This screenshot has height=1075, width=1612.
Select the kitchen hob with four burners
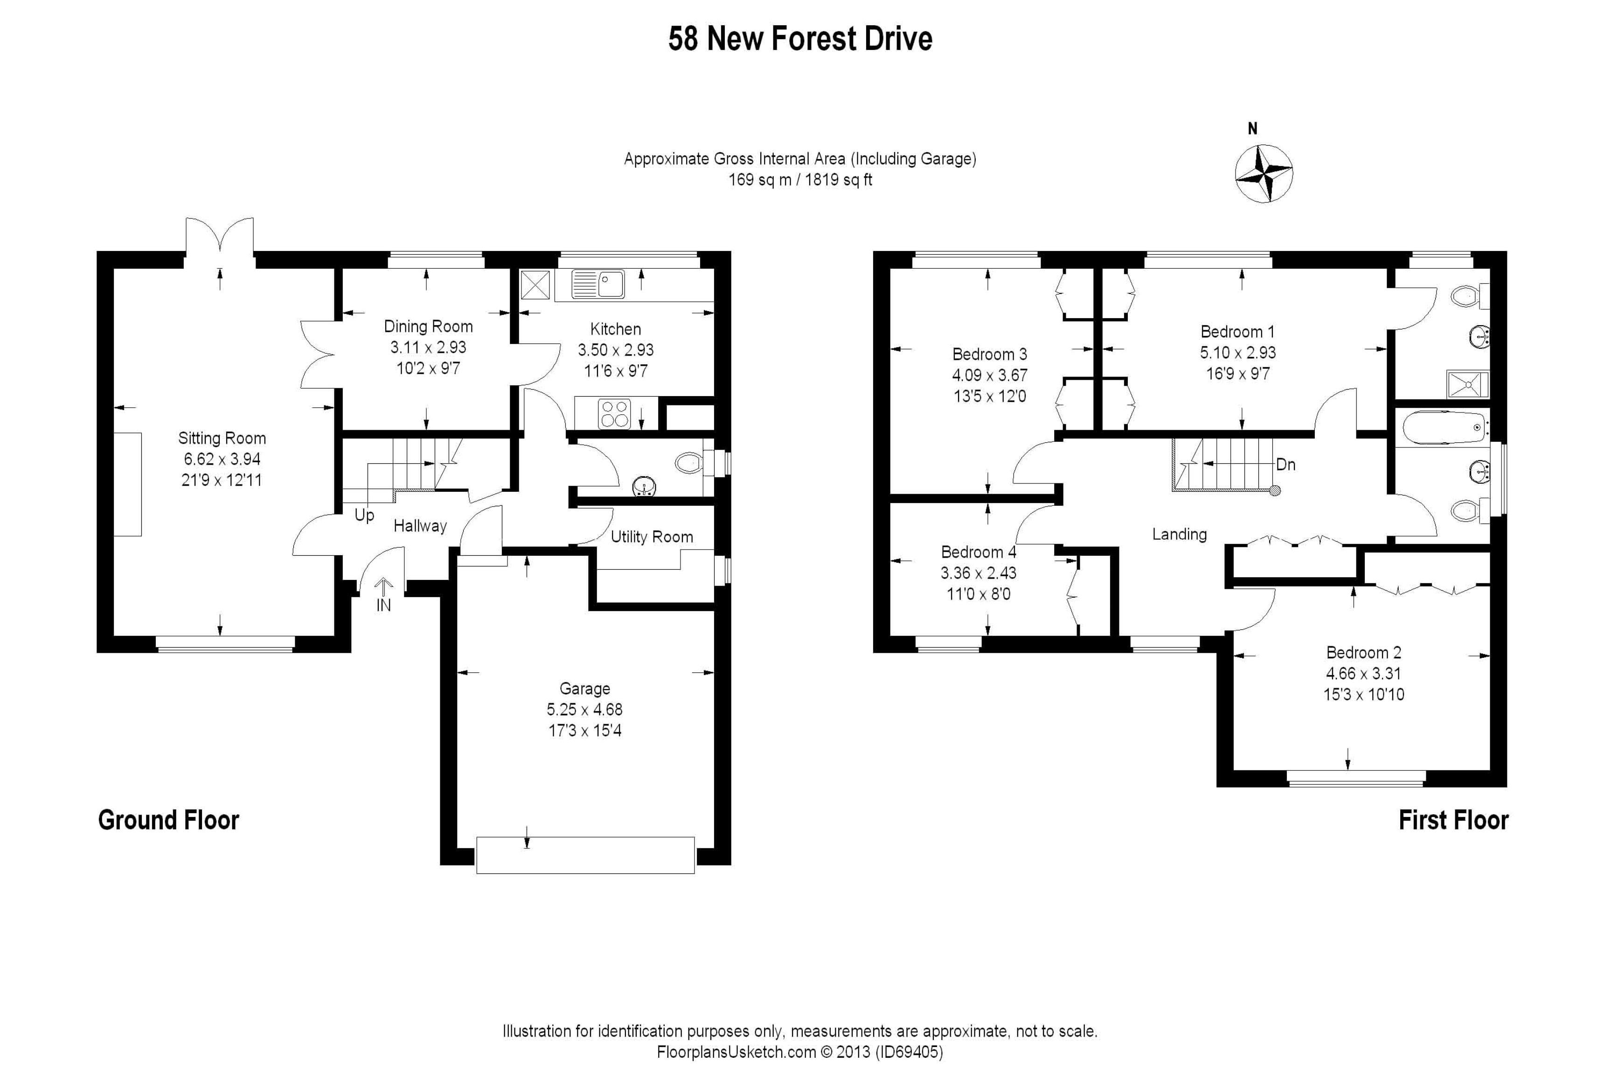pyautogui.click(x=614, y=413)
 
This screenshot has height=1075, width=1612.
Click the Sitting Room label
pyautogui.click(x=222, y=439)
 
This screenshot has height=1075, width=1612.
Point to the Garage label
pyautogui.click(x=584, y=688)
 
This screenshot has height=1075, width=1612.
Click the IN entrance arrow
pyautogui.click(x=383, y=595)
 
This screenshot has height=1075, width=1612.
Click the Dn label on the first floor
pyautogui.click(x=1286, y=465)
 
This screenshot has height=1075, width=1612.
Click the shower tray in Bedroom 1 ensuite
pyautogui.click(x=1467, y=384)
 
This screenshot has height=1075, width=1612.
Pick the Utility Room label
pyautogui.click(x=652, y=537)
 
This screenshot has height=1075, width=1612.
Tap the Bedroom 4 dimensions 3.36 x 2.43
pyautogui.click(x=979, y=573)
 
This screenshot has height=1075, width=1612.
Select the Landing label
pyautogui.click(x=1180, y=535)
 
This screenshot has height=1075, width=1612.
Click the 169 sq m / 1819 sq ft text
pyautogui.click(x=800, y=180)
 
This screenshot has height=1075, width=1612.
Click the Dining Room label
pyautogui.click(x=428, y=326)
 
